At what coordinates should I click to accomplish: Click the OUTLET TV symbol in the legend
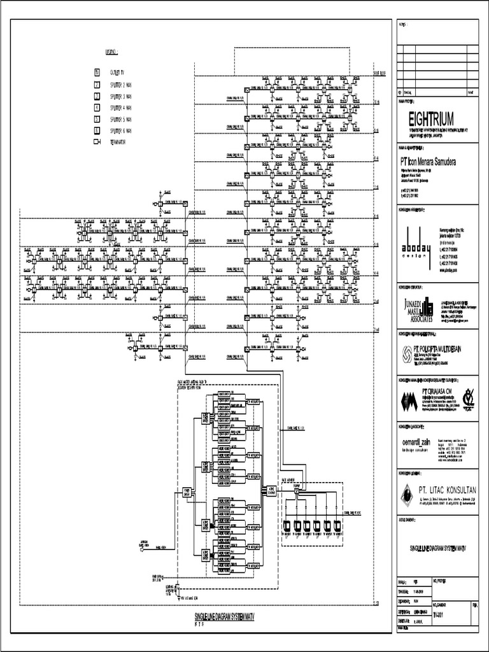(97, 73)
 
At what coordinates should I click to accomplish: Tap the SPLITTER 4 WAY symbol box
(97, 108)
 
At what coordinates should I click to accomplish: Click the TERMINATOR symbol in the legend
(97, 142)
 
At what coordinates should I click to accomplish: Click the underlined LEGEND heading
(112, 50)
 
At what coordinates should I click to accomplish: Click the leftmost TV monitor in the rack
(287, 525)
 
